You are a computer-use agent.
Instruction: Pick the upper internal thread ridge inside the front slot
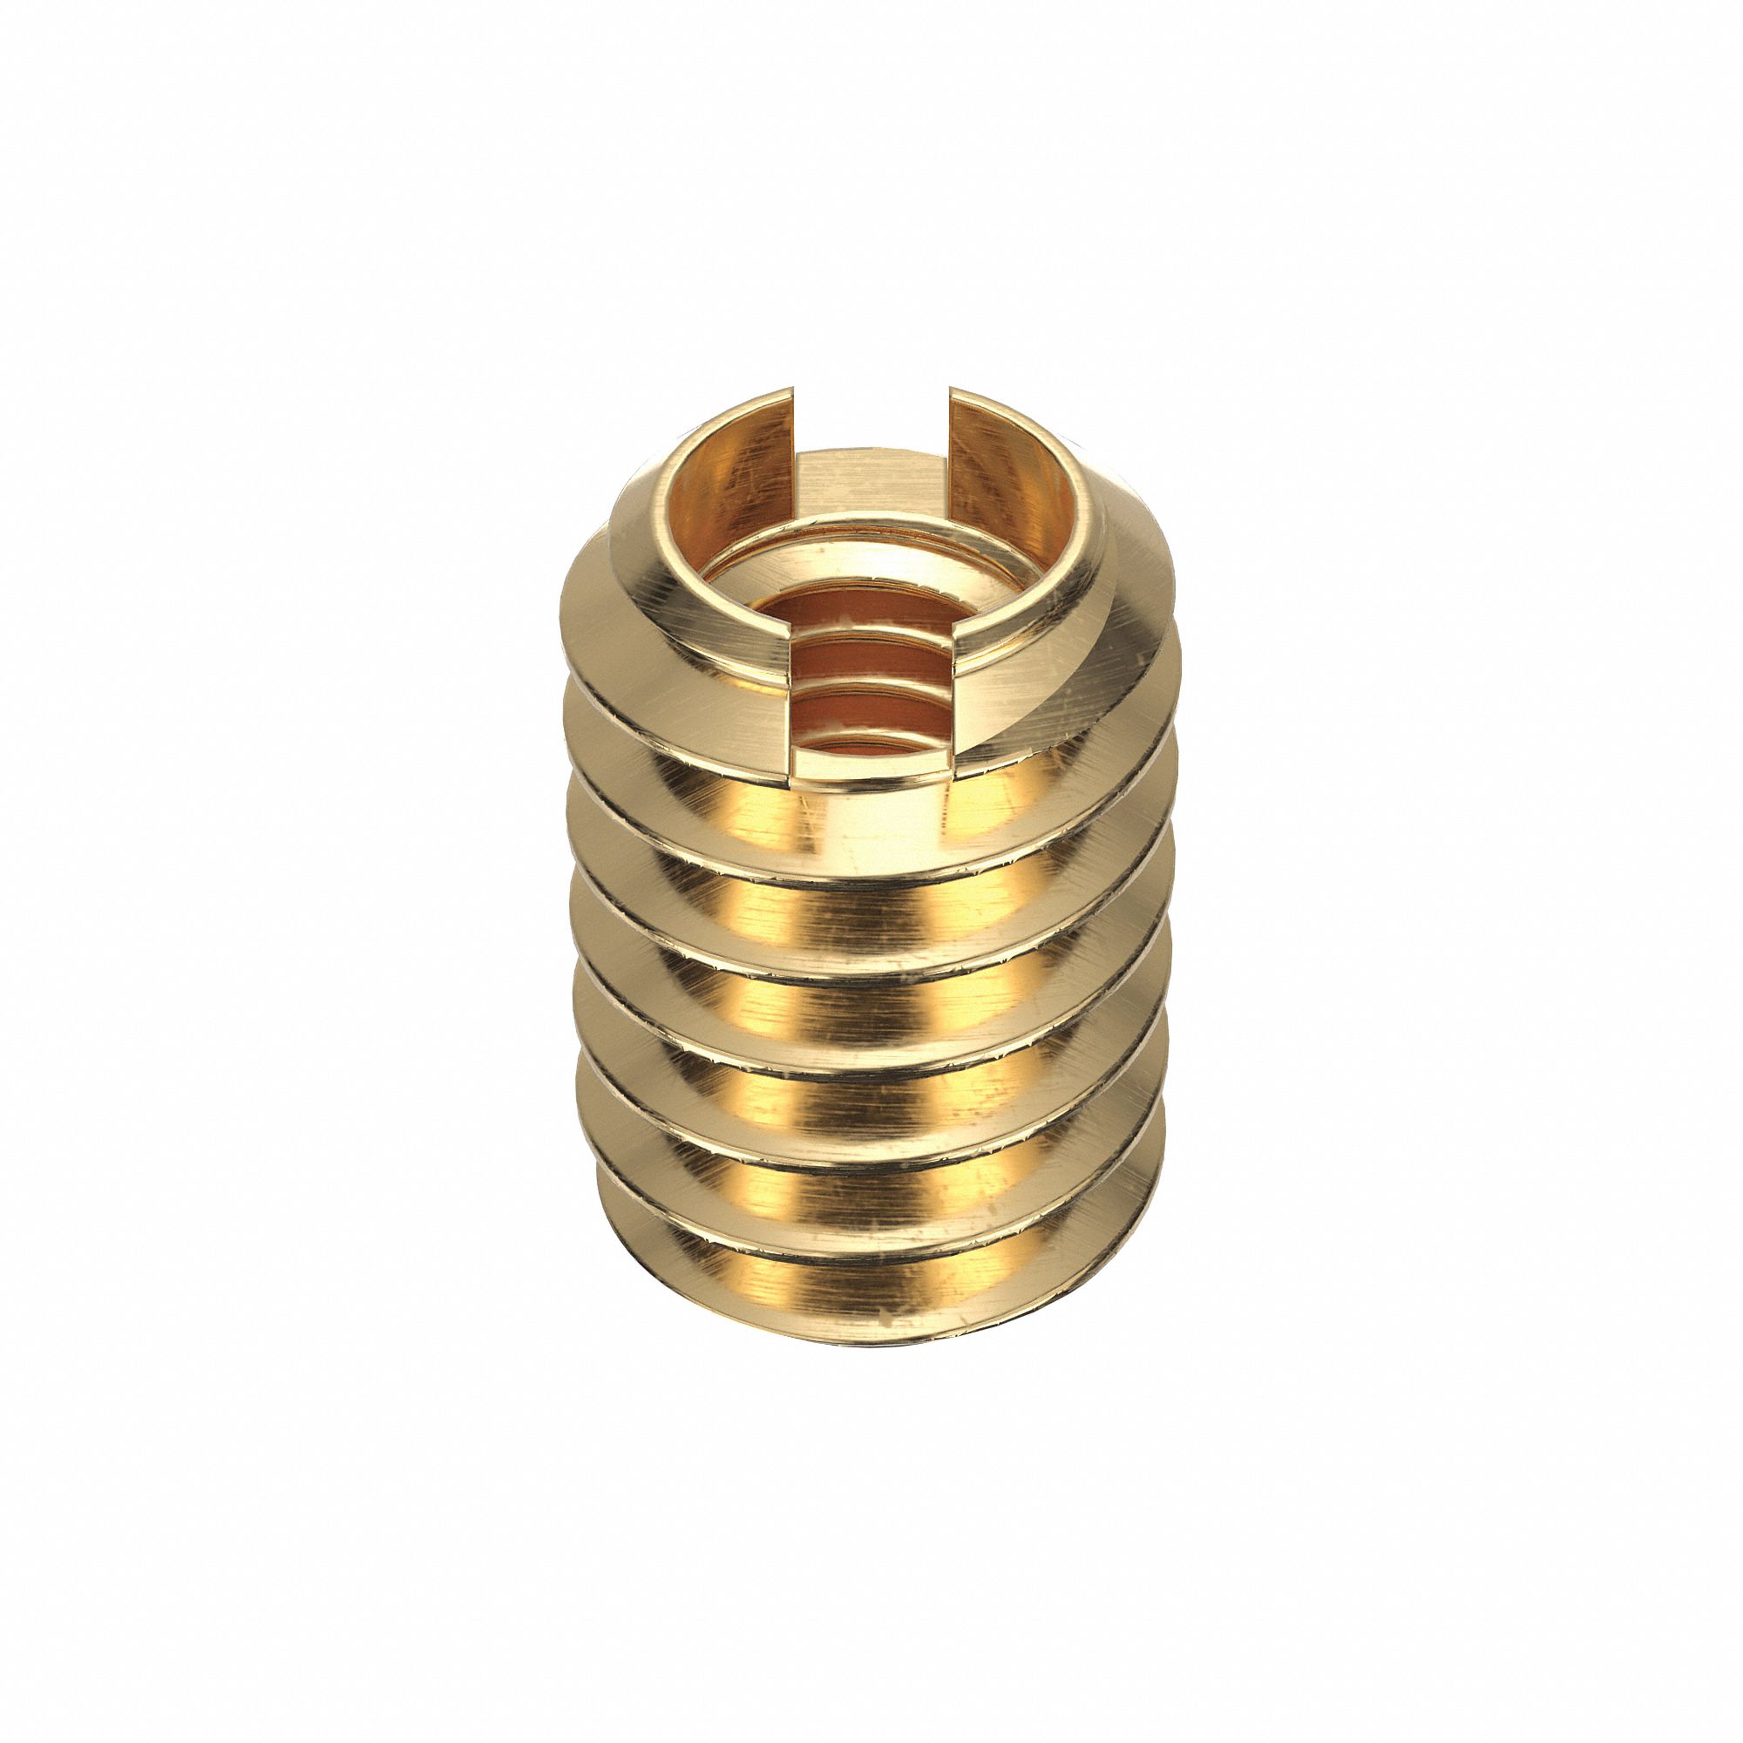pos(871,648)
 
